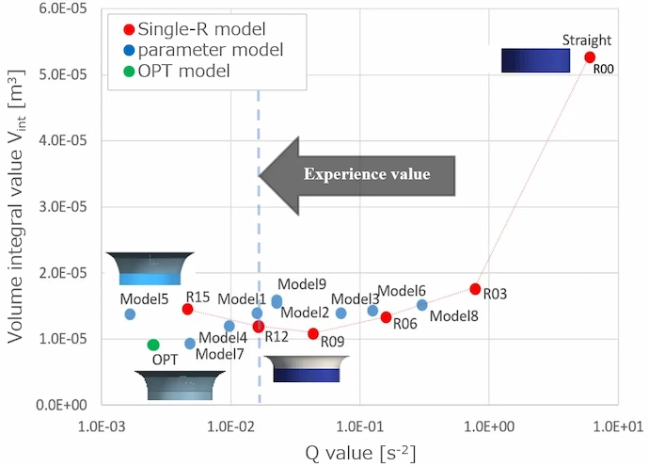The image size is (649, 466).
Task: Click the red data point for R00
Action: pos(590,57)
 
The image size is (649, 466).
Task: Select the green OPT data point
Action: pos(153,345)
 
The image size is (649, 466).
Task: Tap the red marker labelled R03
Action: pos(475,289)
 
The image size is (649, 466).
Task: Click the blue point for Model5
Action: pos(130,314)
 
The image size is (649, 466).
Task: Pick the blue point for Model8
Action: pos(421,305)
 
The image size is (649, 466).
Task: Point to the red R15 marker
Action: pos(187,309)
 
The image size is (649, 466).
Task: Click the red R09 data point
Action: pos(313,333)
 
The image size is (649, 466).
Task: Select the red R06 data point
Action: pos(386,317)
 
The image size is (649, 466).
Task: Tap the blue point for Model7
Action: pos(190,344)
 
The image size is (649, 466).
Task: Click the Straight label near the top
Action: pos(587,40)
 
